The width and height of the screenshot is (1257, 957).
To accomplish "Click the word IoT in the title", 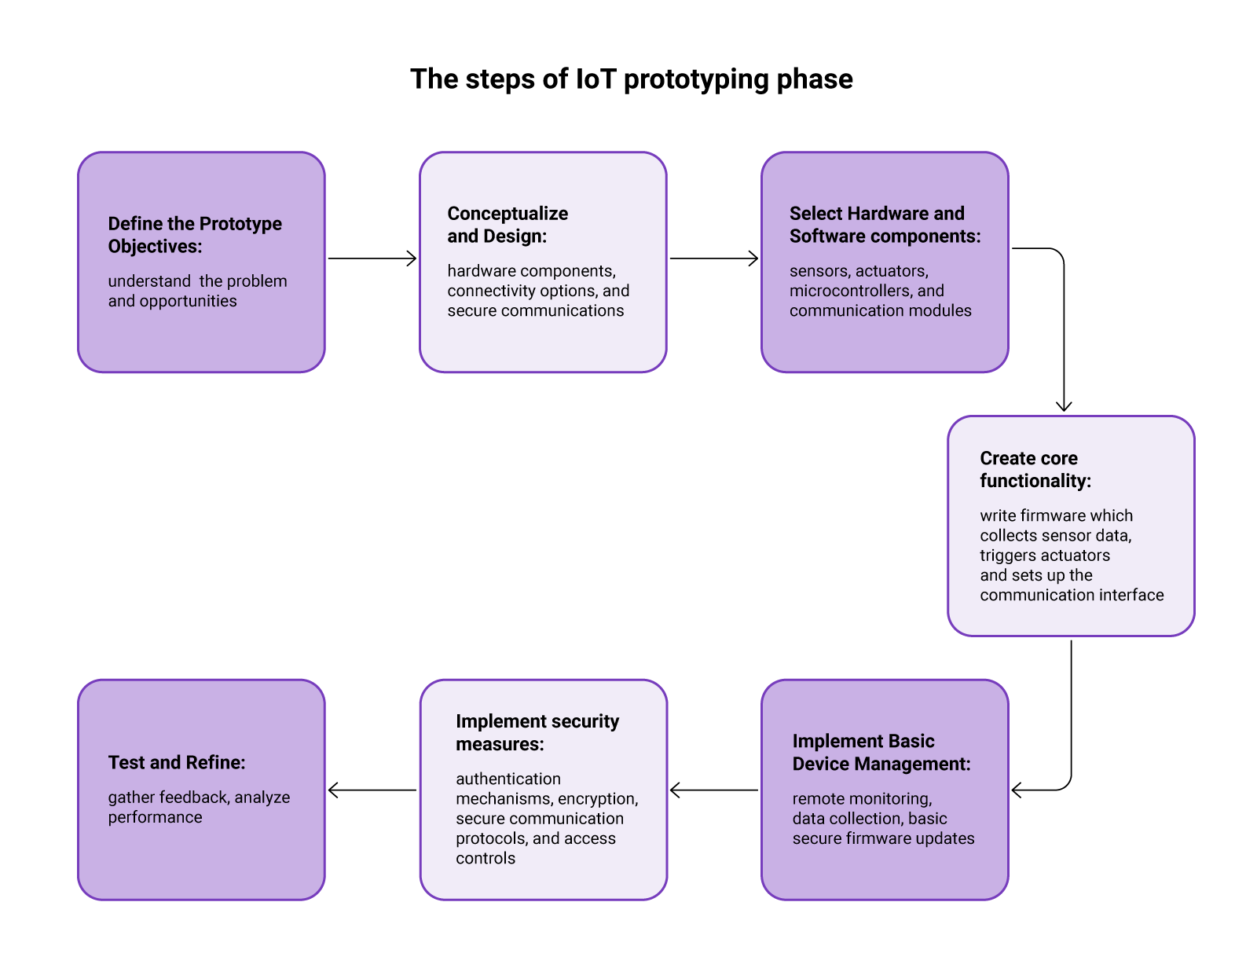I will point(596,79).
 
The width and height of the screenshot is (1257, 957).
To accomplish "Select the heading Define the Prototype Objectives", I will point(195,235).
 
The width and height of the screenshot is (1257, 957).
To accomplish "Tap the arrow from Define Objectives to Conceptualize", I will point(372,258).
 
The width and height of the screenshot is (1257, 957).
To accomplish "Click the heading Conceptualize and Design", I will point(508,225).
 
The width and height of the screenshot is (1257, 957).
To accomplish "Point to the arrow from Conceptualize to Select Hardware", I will point(713,258).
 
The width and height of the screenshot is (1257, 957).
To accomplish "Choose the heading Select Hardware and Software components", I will point(885,225).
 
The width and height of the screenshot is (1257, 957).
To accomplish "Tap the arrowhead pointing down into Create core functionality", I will point(1064,406).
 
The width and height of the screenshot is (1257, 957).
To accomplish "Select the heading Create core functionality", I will point(1035,469).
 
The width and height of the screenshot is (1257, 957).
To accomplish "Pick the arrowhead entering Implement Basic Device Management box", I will point(1017,790).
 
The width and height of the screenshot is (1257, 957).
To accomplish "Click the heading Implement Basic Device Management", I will point(881,752).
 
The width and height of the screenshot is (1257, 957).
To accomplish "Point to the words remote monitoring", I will point(862,799).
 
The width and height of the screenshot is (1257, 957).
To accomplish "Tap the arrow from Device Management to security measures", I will point(713,790).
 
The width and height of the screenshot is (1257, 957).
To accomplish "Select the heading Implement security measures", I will point(537,732).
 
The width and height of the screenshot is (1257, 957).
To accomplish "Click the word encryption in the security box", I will point(596,799).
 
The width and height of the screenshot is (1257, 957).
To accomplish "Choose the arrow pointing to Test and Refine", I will point(372,790).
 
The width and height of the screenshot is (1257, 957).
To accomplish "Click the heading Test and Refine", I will point(177,762).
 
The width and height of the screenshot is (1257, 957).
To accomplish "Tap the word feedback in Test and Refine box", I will point(193,797).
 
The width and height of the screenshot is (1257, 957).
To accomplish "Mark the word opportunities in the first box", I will point(188,301).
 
